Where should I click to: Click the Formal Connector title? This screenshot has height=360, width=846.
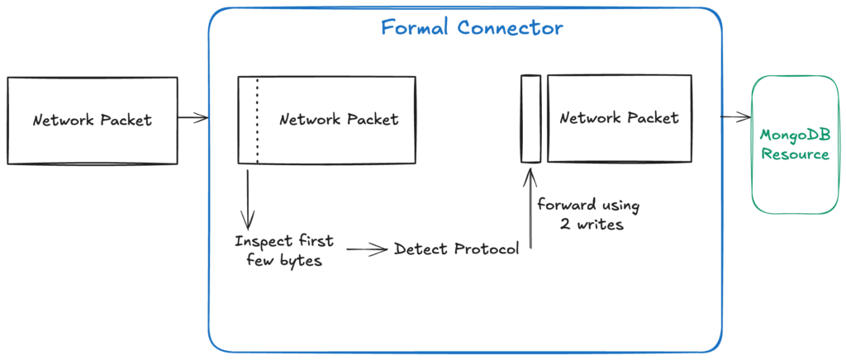tap(472, 27)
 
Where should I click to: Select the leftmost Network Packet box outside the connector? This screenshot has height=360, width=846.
tap(93, 120)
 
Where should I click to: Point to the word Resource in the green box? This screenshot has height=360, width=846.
tap(795, 154)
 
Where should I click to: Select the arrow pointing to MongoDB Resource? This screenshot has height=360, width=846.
tap(734, 117)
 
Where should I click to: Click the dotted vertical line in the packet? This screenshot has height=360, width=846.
tap(257, 121)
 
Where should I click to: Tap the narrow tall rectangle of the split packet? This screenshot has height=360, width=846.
tap(530, 119)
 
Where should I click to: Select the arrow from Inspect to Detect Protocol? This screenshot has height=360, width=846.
tap(367, 248)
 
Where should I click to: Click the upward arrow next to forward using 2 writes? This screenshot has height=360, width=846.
tap(530, 206)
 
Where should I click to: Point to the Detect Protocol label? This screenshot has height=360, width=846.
tap(457, 249)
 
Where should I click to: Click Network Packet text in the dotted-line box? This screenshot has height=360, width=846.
tap(339, 120)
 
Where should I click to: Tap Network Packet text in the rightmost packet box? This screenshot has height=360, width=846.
tap(619, 118)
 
